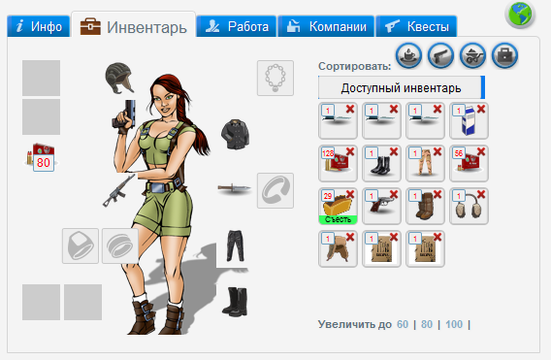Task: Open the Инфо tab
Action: pos(39,27)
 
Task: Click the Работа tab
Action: pos(236,27)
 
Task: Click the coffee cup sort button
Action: pos(408,56)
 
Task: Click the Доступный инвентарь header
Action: pos(400,88)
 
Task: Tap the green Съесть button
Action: pos(338,219)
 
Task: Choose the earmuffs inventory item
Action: pos(470,206)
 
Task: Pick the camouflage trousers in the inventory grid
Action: pos(425,163)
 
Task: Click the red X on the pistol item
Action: pos(395,194)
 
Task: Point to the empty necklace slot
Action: pos(275,78)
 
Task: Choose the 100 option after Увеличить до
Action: pos(454,324)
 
